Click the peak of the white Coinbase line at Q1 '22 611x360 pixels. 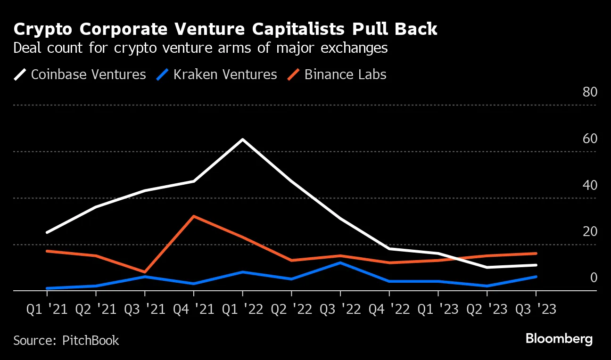click(242, 139)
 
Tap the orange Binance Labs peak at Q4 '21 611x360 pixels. click(194, 216)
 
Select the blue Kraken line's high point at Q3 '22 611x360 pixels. click(340, 262)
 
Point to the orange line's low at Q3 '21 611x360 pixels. click(145, 272)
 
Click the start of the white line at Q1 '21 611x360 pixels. click(47, 232)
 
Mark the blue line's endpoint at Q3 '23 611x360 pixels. click(536, 277)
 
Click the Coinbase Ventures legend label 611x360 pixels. click(88, 74)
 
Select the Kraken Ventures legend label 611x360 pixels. click(225, 74)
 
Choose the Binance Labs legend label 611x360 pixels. click(345, 74)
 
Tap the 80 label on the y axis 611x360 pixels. click(590, 92)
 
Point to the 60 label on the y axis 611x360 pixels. click(590, 139)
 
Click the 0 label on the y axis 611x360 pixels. click(594, 278)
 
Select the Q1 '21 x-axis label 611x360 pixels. click(47, 310)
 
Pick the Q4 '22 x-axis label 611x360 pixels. click(389, 310)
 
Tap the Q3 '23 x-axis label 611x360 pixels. click(536, 310)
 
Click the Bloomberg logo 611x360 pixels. click(559, 339)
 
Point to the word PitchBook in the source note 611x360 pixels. click(91, 340)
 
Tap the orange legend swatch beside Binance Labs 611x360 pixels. click(293, 74)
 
